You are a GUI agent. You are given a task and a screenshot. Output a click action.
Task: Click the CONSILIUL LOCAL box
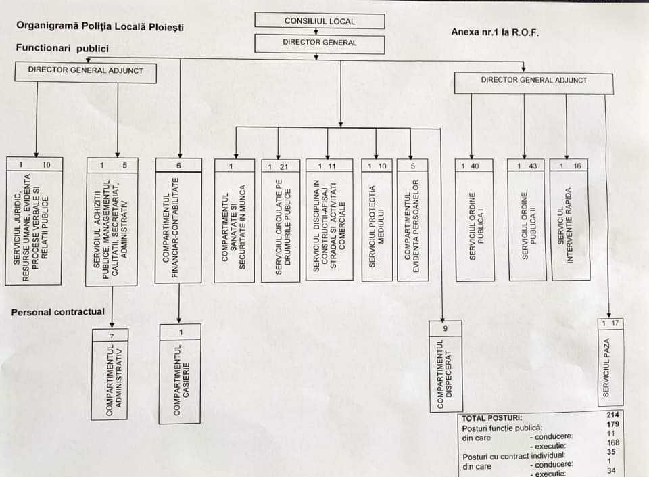pos(319,21)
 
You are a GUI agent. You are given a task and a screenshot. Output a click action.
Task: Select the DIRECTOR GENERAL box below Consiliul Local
pos(319,43)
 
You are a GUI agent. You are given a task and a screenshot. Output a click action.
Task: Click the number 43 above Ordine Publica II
pos(533,166)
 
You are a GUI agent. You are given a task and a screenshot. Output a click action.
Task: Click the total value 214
pos(614,415)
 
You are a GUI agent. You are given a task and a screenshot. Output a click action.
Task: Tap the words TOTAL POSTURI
pos(492,417)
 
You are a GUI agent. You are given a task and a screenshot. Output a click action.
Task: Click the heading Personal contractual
pos(58,312)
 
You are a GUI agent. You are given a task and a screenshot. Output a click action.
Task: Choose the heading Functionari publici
pos(62,49)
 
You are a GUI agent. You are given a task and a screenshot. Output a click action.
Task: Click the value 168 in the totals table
pos(613,442)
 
